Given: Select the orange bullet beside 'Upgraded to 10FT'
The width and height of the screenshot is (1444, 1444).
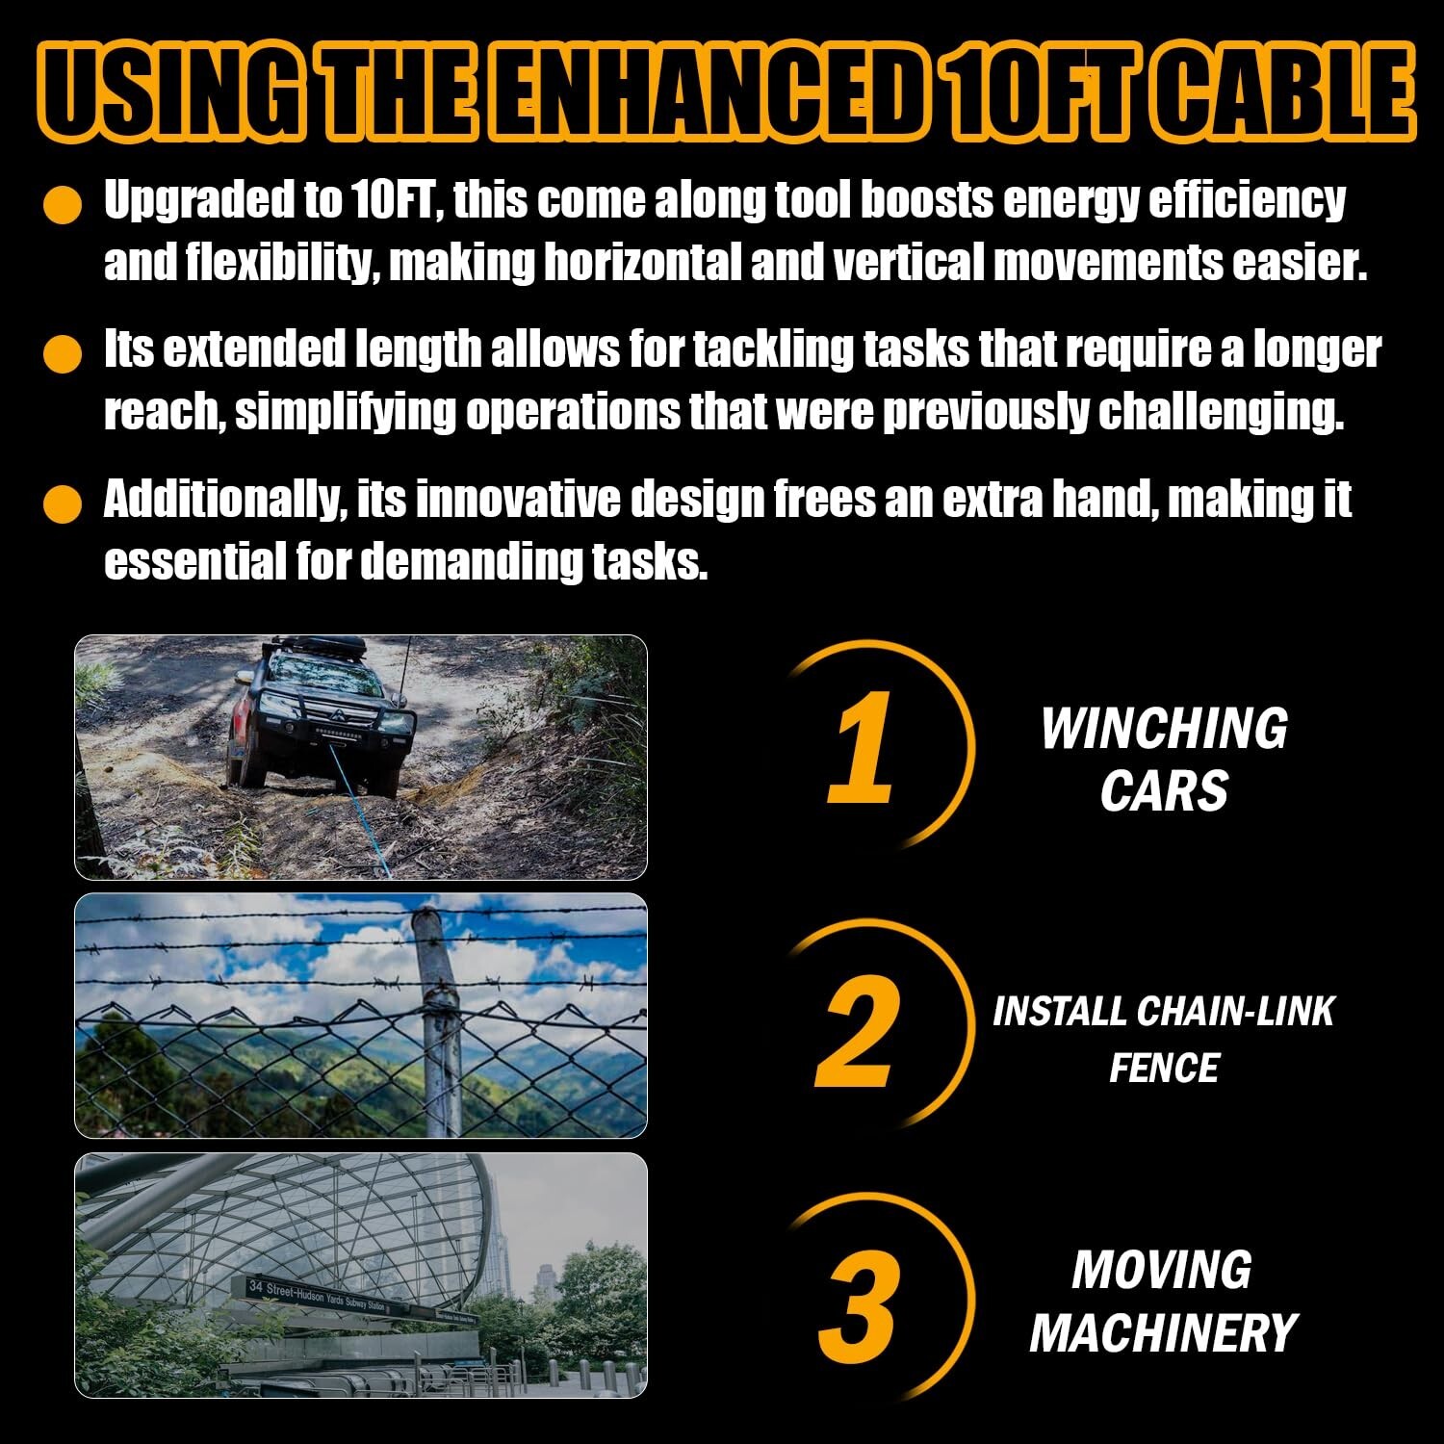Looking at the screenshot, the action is [64, 205].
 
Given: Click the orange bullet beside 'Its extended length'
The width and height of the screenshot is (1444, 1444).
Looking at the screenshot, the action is [64, 353].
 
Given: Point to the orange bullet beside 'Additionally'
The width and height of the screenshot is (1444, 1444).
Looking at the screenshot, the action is [64, 503].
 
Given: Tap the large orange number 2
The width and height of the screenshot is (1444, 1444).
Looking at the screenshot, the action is [859, 1031].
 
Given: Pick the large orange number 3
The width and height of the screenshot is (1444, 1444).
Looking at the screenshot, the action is [860, 1304].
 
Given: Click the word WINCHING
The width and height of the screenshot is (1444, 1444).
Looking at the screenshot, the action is [1164, 729].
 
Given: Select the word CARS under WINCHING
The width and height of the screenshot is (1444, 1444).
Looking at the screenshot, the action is [1164, 791].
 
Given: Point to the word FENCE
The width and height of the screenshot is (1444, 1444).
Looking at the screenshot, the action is [1164, 1068].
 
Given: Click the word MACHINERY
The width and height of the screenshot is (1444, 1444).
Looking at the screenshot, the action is [1164, 1333].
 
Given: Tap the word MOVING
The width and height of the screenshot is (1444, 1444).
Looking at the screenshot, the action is [1162, 1270].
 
